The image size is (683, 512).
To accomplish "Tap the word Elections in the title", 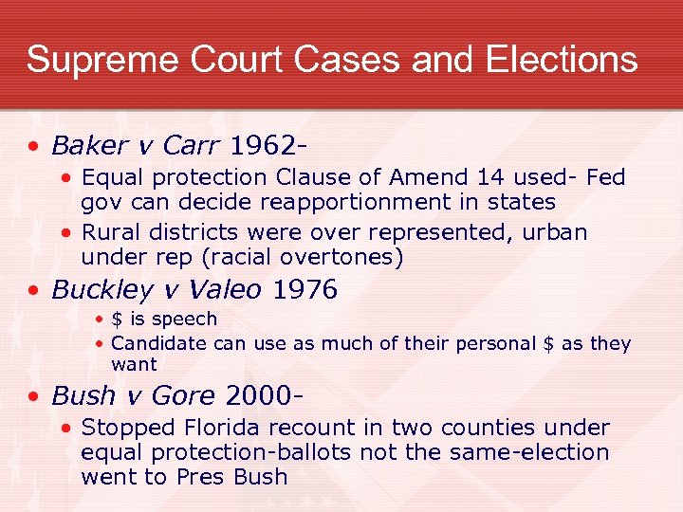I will [x=562, y=59].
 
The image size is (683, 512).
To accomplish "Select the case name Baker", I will [x=89, y=146].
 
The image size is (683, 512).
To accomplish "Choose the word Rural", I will [x=110, y=232].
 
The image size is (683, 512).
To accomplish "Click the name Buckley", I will [x=96, y=290].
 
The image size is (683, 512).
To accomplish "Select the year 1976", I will [x=305, y=290].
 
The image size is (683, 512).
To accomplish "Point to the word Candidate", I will [x=158, y=343].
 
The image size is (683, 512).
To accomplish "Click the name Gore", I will [x=193, y=394].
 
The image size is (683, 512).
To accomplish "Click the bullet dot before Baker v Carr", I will [x=33, y=147].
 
